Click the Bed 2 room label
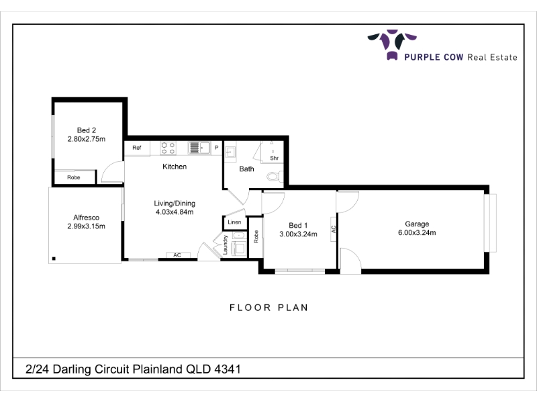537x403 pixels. coord(87,130)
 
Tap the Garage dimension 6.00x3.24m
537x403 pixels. coord(417,232)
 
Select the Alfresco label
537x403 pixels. coord(87,218)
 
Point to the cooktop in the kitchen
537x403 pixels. coord(168,148)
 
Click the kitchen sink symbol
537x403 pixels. coord(199,148)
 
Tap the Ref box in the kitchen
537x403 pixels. coord(137,148)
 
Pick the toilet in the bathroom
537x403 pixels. coord(275,177)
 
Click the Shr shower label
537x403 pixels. coord(274,158)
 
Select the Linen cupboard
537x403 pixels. coord(234,222)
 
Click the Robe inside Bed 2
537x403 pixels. coord(74,177)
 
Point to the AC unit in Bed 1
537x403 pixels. coord(334,229)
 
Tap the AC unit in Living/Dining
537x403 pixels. coord(177,255)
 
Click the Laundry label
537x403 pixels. coord(225,244)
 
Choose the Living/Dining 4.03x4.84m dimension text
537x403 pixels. coord(175,212)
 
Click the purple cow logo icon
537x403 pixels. coord(392,44)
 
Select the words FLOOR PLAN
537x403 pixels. coord(269,308)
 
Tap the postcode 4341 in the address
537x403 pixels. coord(228,369)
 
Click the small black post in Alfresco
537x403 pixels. coord(54,259)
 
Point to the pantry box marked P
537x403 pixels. coord(216,148)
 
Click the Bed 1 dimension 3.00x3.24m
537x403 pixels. coord(298,234)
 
